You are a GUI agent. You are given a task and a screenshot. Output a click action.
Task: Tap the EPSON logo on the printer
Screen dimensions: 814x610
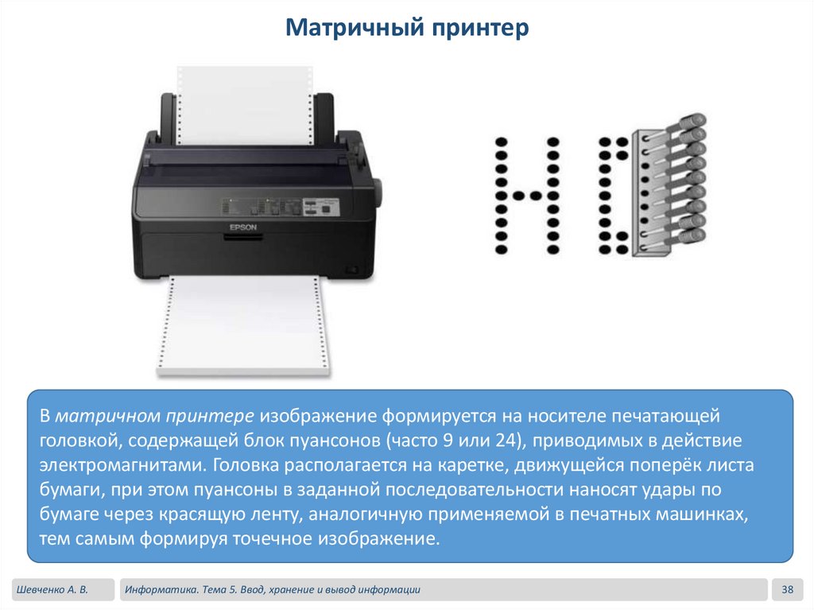(x=243, y=227)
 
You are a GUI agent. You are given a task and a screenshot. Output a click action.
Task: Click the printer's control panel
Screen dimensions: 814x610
(x=281, y=207)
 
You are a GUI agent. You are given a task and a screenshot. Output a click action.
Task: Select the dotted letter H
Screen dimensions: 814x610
(x=527, y=196)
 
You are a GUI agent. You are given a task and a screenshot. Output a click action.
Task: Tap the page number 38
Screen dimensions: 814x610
(x=787, y=589)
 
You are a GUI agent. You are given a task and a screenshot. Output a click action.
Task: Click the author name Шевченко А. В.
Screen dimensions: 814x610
(x=52, y=590)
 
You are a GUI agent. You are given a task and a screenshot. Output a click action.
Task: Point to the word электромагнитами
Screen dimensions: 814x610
(x=123, y=464)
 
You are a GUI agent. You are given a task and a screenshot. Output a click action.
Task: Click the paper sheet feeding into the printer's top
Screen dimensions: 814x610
(x=246, y=106)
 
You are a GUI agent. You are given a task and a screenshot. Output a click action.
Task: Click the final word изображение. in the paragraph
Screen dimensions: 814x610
(x=379, y=538)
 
